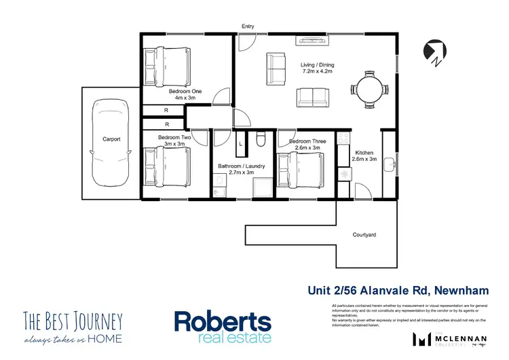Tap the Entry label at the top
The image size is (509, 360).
248,26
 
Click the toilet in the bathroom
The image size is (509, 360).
260,139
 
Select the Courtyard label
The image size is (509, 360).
364,234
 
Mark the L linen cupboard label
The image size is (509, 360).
241,143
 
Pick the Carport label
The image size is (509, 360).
111,139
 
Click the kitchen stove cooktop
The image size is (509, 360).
344,174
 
